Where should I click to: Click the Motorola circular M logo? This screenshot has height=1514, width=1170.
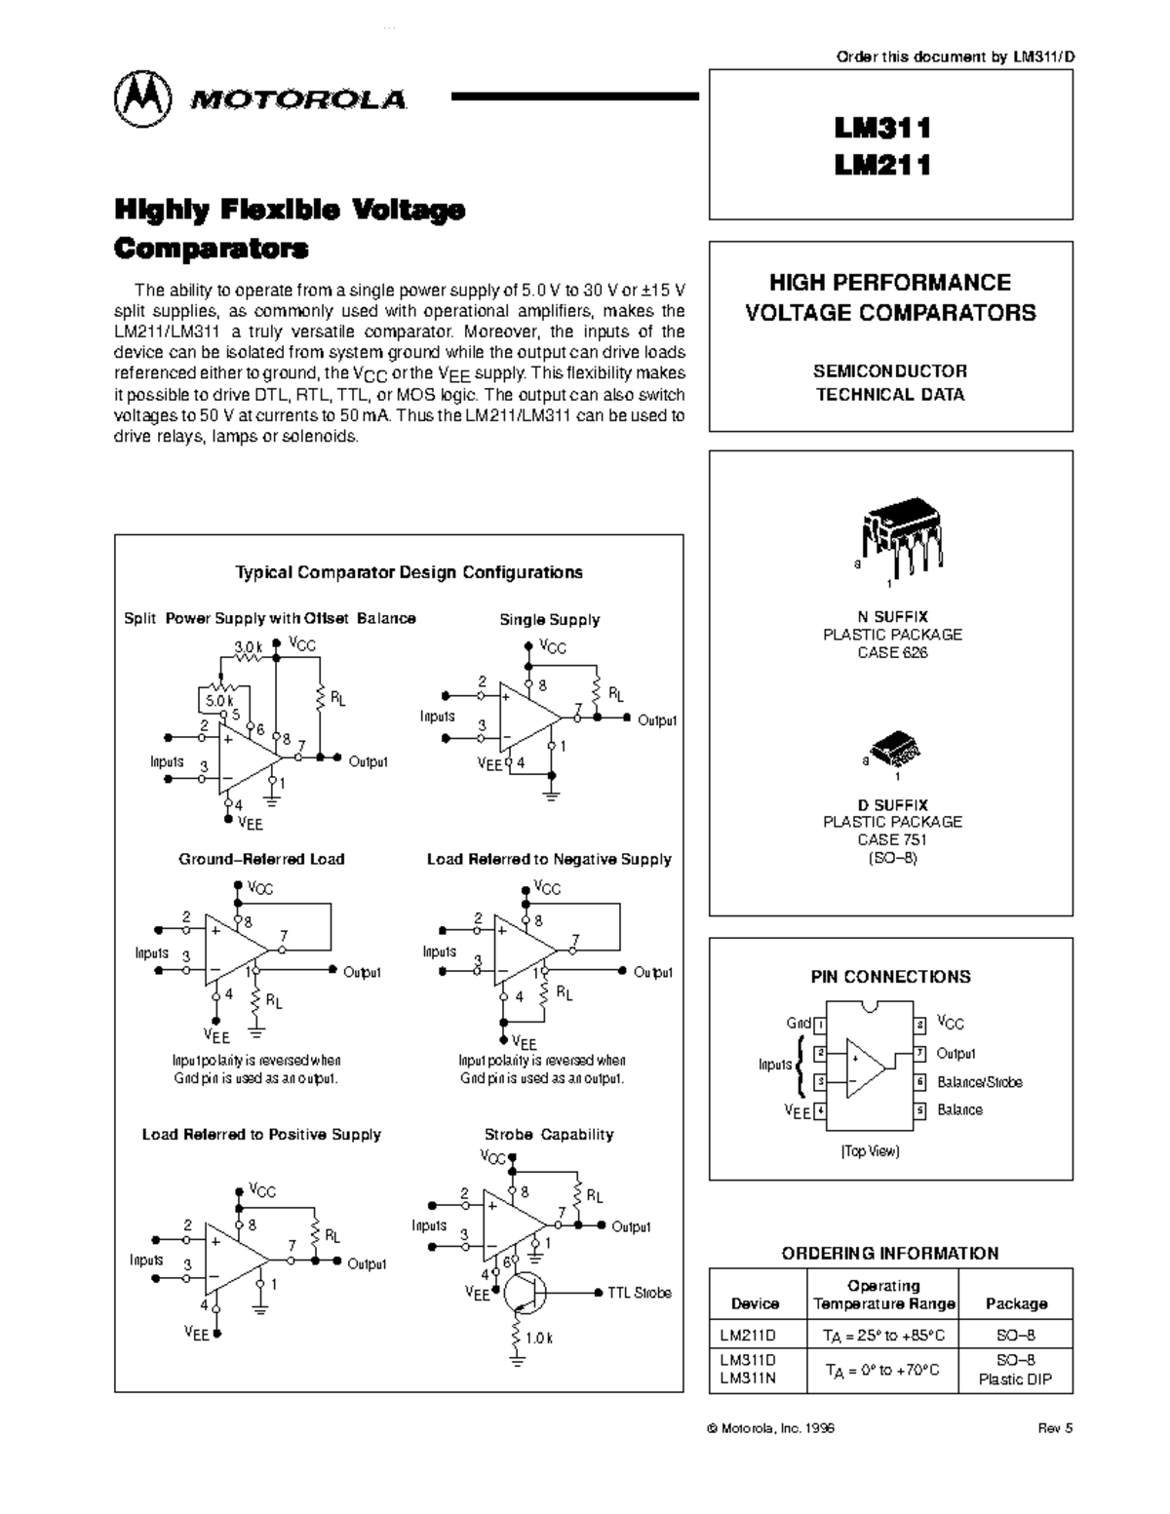pyautogui.click(x=142, y=99)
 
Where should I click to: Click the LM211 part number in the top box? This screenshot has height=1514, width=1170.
pyautogui.click(x=882, y=166)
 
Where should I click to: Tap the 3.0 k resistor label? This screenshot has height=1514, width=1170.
pyautogui.click(x=249, y=645)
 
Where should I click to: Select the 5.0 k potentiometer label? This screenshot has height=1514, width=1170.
pyautogui.click(x=219, y=700)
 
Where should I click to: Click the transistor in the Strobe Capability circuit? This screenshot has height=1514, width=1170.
pyautogui.click(x=525, y=1293)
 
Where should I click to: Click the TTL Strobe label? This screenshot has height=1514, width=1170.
pyautogui.click(x=639, y=1293)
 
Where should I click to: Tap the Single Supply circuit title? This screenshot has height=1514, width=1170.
pyautogui.click(x=549, y=620)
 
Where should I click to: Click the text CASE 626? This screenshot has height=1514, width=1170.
pyautogui.click(x=892, y=652)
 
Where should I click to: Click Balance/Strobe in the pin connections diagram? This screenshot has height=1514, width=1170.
pyautogui.click(x=979, y=1082)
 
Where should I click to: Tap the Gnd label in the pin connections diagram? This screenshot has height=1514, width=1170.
pyautogui.click(x=799, y=1024)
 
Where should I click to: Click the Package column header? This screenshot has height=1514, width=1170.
pyautogui.click(x=1016, y=1303)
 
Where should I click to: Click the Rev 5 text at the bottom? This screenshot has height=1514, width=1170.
pyautogui.click(x=1055, y=1428)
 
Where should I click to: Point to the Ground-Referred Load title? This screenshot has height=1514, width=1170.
pyautogui.click(x=261, y=860)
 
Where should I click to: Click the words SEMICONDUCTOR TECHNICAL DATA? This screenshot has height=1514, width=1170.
pyautogui.click(x=890, y=383)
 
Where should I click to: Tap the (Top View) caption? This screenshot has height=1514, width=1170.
pyautogui.click(x=870, y=1151)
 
